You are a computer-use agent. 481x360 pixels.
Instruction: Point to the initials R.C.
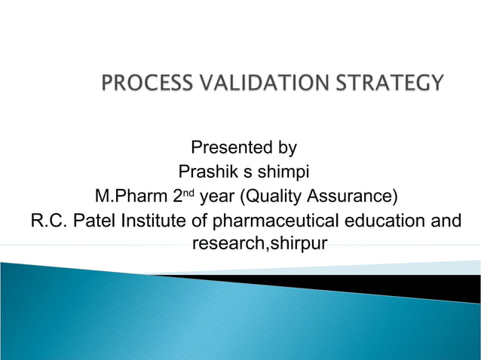point(49,221)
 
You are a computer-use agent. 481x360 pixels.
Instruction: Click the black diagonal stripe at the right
point(422,286)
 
